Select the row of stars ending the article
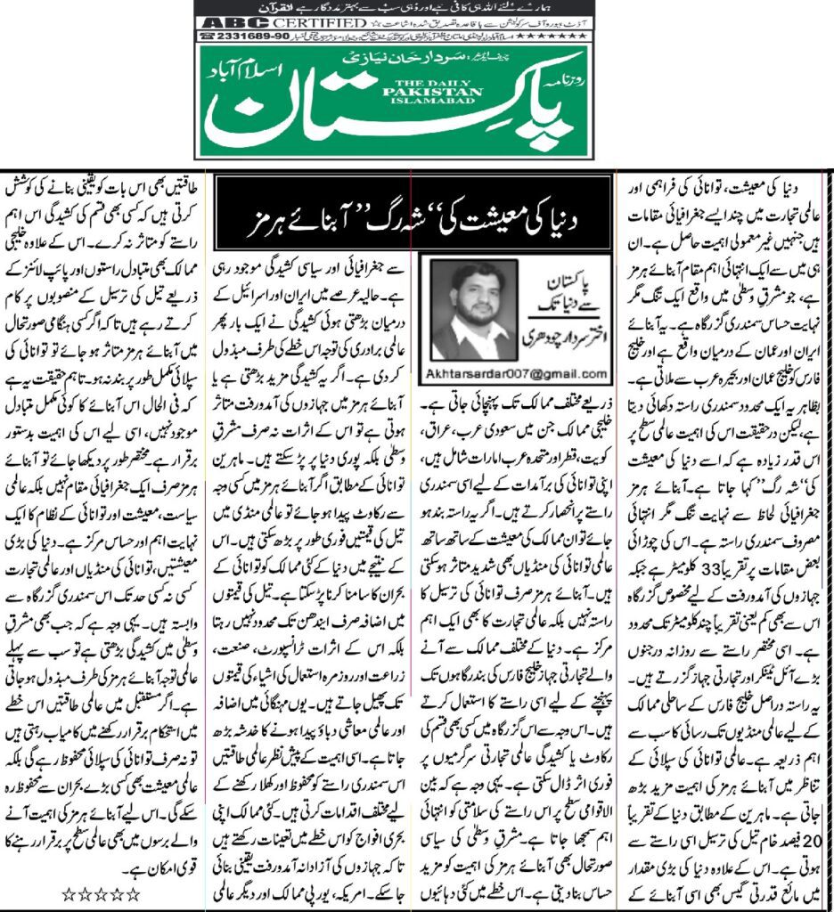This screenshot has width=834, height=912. [x=103, y=892]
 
